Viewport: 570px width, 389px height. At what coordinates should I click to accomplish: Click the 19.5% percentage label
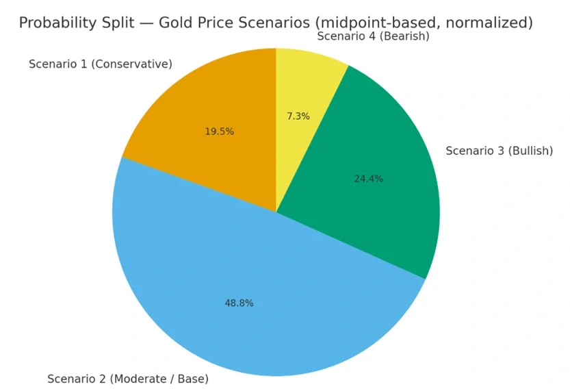[x=219, y=131]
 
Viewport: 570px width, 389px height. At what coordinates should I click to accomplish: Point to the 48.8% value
[x=239, y=303]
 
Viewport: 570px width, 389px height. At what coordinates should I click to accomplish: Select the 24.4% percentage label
[x=368, y=179]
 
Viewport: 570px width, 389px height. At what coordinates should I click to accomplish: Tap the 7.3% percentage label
[x=298, y=116]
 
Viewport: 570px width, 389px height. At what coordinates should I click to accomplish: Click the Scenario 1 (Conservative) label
[x=100, y=64]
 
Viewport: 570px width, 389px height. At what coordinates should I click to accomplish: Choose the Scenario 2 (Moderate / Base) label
[x=127, y=379]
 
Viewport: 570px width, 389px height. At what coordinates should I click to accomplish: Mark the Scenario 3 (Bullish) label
[x=499, y=151]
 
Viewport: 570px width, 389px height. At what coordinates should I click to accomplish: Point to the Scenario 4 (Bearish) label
[x=373, y=36]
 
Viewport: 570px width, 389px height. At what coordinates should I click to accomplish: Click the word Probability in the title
[x=57, y=23]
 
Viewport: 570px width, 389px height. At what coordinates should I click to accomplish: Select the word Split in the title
[x=121, y=23]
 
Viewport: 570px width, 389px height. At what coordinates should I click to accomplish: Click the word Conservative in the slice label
[x=131, y=64]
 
